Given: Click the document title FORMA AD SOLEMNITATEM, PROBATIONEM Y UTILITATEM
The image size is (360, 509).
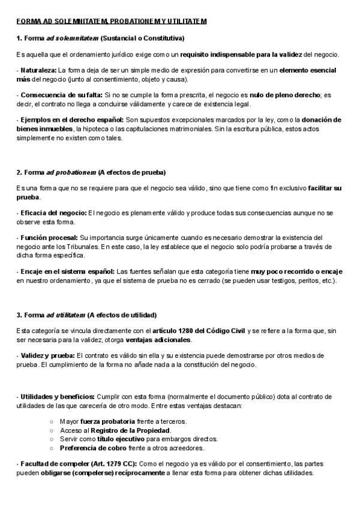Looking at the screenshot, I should (x=112, y=22).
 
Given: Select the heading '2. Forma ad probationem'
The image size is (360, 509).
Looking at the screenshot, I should (x=91, y=172).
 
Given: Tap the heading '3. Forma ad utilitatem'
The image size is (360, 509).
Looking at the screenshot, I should (x=87, y=315).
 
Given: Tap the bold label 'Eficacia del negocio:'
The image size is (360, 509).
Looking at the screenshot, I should (x=53, y=212).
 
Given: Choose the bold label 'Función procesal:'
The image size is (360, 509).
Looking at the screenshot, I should (x=49, y=237).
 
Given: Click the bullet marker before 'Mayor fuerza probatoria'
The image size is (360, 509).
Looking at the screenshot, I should (x=52, y=421).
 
